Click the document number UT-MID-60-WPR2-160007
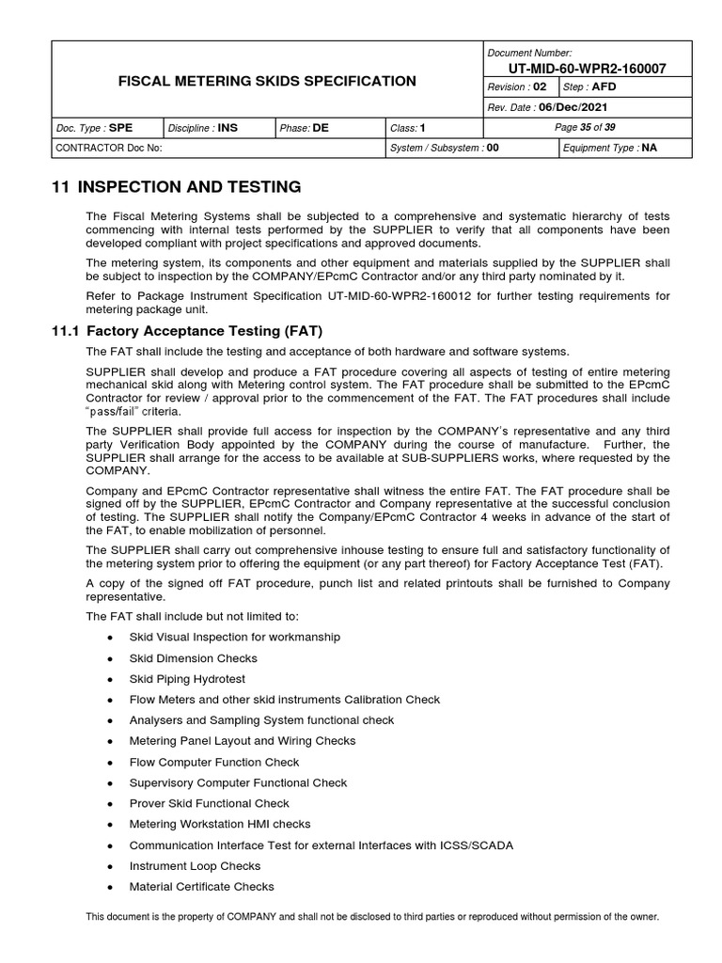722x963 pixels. pos(588,70)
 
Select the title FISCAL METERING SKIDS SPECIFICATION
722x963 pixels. pos(267,82)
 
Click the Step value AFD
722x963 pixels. pos(604,87)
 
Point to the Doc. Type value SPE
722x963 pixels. pos(121,127)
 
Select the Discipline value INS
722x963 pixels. pos(228,127)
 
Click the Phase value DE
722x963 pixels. pos(322,127)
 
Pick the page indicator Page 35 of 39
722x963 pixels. pos(586,127)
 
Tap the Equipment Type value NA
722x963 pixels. pos(649,148)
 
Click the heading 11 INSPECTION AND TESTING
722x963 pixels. pos(176,186)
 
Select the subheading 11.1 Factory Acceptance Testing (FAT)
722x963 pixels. pos(188,331)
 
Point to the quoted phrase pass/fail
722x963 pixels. pos(118,412)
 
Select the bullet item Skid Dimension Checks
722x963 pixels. pos(193,658)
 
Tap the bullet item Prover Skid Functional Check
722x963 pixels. pos(210,804)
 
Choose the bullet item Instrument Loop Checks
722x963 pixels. pos(195,866)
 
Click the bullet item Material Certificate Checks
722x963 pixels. pos(202,887)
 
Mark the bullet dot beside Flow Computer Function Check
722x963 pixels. pos(111,763)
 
